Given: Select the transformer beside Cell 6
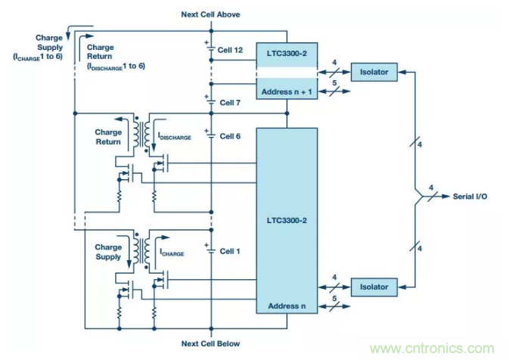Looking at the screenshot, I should (141, 133).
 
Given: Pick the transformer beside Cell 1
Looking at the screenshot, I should (141, 249).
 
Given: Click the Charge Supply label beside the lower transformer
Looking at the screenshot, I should (108, 253).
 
